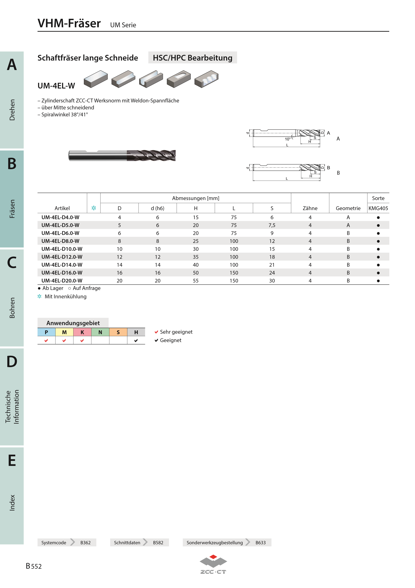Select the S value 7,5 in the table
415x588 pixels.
click(272, 225)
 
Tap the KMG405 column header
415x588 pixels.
click(378, 208)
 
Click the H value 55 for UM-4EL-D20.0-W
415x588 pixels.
click(196, 281)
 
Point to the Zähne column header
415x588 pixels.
click(310, 208)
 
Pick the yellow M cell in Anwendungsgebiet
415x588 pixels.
click(64, 332)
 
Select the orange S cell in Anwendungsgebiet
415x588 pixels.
click(118, 332)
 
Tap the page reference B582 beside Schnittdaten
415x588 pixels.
click(158, 543)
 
